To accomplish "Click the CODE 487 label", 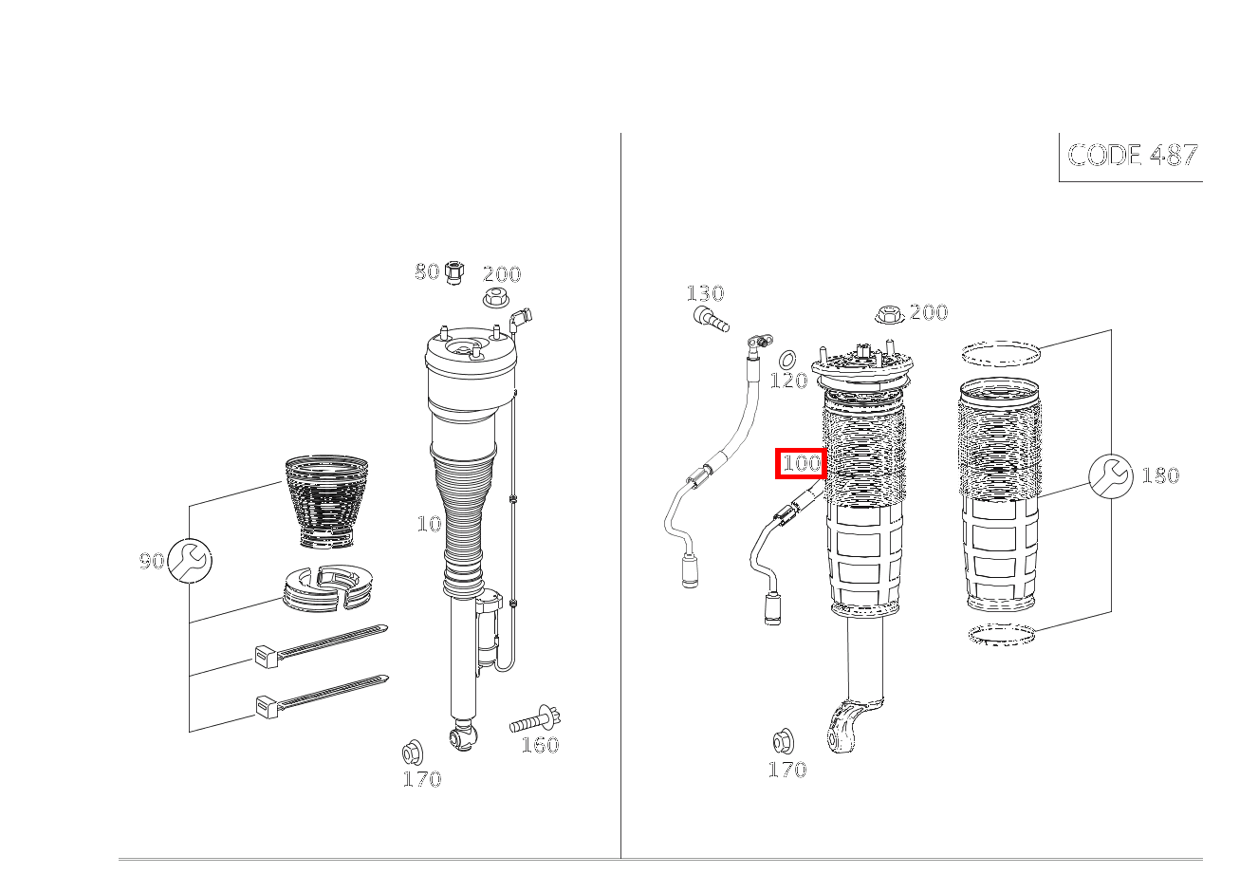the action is point(1132,155).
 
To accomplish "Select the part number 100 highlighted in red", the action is point(801,463).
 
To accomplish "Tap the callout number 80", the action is point(427,271).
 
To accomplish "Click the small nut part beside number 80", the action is point(453,272).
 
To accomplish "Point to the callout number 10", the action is point(429,524).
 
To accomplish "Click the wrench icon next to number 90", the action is point(189,560).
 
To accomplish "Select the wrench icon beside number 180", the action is point(1110,475).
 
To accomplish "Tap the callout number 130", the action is point(706,292).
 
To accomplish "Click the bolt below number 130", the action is point(710,319).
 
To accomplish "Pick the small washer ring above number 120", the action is point(788,359).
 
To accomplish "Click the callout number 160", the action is point(540,745).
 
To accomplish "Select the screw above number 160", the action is point(535,719).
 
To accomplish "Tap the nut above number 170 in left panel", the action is point(413,753).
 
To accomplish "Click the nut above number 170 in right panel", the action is point(783,741).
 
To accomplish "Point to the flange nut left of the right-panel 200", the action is point(890,314).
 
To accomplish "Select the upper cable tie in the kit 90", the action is point(321,646).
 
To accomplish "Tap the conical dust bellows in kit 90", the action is point(326,501).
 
